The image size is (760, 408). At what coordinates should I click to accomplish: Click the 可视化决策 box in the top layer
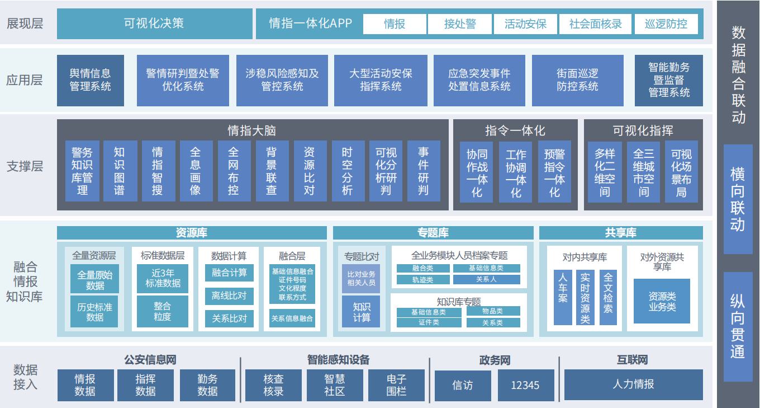click(154, 24)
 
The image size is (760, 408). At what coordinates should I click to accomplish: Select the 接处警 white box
click(459, 24)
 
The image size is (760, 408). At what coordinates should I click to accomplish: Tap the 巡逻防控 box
click(666, 24)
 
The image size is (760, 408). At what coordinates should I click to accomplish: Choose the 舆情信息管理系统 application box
click(90, 80)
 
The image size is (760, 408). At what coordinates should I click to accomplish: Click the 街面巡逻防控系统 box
click(577, 80)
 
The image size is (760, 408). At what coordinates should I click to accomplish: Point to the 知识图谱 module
click(120, 171)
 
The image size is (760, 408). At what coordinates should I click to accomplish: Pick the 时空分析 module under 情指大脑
click(348, 171)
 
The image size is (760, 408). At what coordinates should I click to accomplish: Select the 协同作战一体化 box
click(477, 172)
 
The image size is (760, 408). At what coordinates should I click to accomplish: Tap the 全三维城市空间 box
click(643, 172)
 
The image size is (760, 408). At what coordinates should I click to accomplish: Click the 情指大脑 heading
click(251, 130)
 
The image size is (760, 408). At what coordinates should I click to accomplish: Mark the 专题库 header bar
click(433, 233)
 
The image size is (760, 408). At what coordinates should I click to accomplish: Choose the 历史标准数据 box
click(95, 312)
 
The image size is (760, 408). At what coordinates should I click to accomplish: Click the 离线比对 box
click(229, 296)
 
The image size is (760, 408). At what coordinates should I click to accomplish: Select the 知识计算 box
click(361, 312)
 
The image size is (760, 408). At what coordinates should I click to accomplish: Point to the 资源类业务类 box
click(662, 301)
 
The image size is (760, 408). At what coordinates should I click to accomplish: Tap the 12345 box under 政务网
click(525, 385)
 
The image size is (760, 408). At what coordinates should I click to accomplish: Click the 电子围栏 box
click(396, 385)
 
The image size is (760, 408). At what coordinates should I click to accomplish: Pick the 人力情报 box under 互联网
click(633, 384)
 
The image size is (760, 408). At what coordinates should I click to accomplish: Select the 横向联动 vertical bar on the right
click(738, 199)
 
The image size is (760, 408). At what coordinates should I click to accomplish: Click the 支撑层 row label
click(25, 166)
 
